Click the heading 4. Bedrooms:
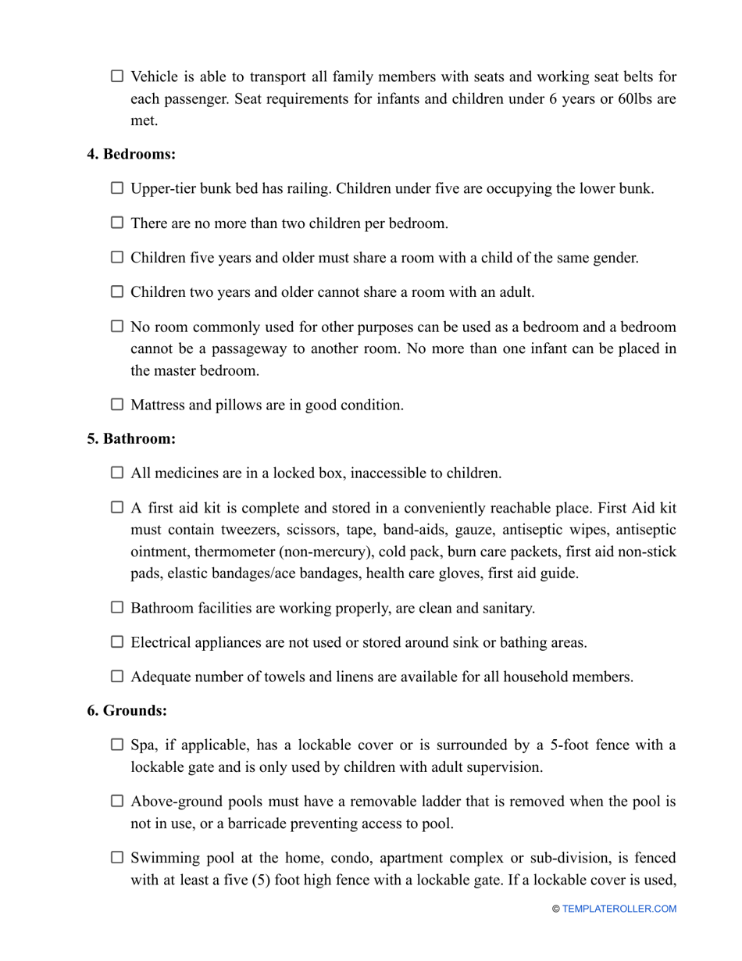tap(131, 154)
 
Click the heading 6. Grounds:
tap(127, 710)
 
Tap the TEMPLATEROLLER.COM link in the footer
tap(619, 909)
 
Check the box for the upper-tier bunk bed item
tap(117, 188)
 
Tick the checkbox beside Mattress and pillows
tap(117, 405)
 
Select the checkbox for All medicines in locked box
tap(117, 473)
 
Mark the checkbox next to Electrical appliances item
tap(117, 642)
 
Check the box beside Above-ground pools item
tap(117, 801)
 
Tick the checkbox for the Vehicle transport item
tap(117, 77)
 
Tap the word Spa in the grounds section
tap(143, 745)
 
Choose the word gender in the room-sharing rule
tap(616, 258)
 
